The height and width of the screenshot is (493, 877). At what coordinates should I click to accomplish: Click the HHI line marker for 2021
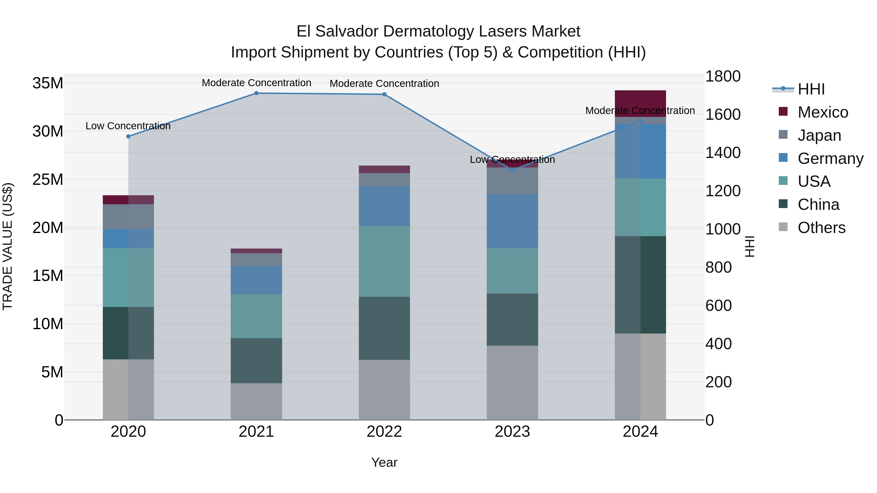coord(256,93)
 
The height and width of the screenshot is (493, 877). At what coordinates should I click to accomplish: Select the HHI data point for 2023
coord(512,170)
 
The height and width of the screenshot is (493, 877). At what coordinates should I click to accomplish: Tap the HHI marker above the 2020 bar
coord(128,136)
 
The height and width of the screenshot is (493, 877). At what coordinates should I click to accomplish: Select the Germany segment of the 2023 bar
coord(512,221)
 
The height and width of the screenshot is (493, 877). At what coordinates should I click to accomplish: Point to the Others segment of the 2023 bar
coord(512,382)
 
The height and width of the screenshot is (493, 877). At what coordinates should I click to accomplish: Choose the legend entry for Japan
coord(819,135)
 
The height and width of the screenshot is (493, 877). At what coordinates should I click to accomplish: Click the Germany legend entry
coord(830,158)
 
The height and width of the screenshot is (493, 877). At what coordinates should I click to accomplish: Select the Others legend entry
coord(821,228)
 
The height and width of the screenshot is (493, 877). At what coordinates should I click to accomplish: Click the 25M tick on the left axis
coord(48,179)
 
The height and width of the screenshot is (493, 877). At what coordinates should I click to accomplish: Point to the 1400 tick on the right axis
coord(723,152)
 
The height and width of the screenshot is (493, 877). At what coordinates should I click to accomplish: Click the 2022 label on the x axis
coord(384,432)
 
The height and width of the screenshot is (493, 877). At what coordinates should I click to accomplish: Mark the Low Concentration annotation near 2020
coord(128,126)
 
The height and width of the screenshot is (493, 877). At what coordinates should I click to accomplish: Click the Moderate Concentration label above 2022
coord(384,83)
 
